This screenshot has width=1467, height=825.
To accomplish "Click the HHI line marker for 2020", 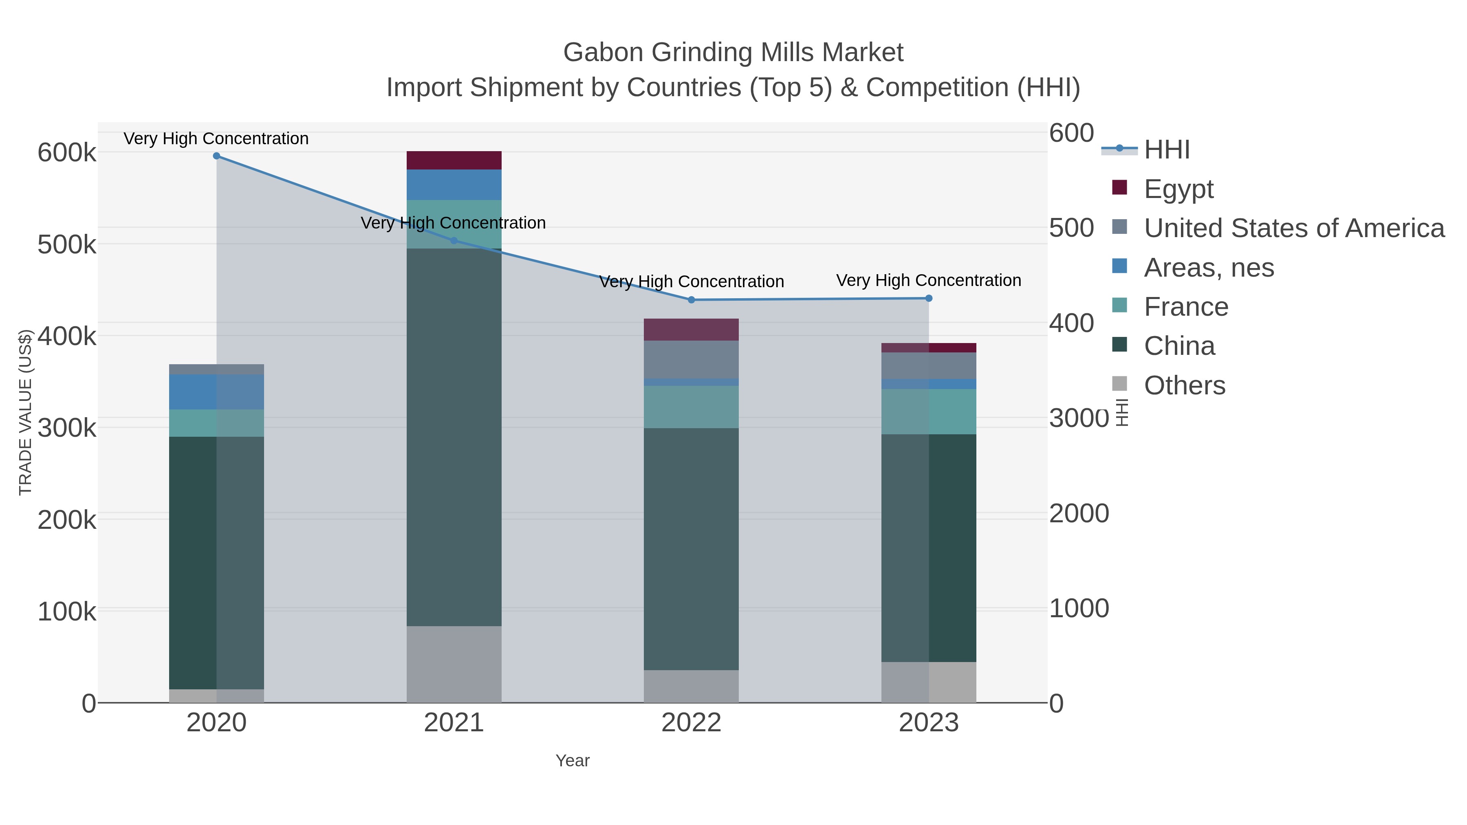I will tap(216, 156).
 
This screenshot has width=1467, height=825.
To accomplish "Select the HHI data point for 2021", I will tap(454, 241).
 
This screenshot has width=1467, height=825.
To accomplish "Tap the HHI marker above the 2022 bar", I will tap(692, 300).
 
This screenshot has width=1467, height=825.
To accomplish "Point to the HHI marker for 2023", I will tap(929, 298).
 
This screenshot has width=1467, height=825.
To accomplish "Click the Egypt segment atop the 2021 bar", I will tap(454, 161).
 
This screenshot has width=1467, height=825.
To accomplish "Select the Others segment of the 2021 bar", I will tap(454, 664).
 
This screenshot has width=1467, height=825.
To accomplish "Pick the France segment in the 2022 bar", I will tap(692, 407).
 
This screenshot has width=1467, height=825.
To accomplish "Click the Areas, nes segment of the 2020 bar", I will tap(216, 392).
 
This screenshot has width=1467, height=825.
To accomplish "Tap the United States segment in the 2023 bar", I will tap(929, 365).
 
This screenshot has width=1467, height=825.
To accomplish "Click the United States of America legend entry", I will tap(1294, 228).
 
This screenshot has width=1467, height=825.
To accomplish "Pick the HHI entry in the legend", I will tap(1166, 150).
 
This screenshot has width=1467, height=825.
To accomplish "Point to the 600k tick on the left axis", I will tap(67, 153).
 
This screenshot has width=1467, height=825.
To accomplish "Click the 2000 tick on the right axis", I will tap(1079, 514).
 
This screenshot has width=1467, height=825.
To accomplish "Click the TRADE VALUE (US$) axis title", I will tap(26, 412).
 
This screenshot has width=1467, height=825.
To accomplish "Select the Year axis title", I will tap(573, 761).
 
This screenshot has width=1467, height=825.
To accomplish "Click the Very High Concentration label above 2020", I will tap(216, 139).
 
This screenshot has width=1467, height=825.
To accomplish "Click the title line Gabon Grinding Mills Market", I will tap(733, 53).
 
